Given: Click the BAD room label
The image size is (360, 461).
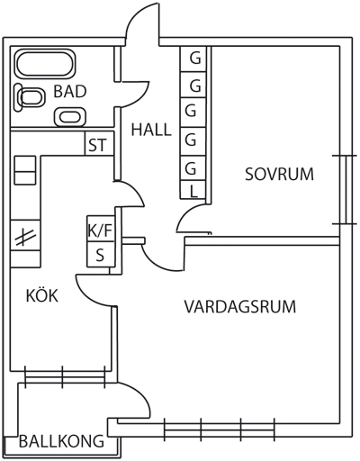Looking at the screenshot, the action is point(70,92).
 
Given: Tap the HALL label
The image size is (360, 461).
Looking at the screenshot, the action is point(151,130).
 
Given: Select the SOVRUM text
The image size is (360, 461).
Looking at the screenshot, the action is point(279,174).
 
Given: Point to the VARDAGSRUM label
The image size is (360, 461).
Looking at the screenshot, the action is point(240,307).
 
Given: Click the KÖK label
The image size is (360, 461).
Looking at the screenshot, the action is point(42,295).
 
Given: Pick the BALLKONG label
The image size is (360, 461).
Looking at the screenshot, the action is point(61,441).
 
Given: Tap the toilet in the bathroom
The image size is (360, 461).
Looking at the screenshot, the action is point(30,97).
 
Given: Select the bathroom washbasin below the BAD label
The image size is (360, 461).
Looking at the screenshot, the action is point(70,117).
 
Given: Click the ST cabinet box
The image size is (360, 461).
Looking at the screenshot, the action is point(100,143).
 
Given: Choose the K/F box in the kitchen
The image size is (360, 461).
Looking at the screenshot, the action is point(101,229).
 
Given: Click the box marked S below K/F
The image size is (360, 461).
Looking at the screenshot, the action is point(101,254).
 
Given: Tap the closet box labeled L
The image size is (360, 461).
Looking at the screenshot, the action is point(193,190).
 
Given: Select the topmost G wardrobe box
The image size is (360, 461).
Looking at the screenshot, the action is point(193,59).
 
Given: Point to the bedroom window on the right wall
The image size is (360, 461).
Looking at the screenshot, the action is point(345,190).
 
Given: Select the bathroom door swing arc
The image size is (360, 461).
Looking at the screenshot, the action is point(139,96).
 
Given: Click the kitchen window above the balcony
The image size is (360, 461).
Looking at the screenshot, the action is point(65,376).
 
